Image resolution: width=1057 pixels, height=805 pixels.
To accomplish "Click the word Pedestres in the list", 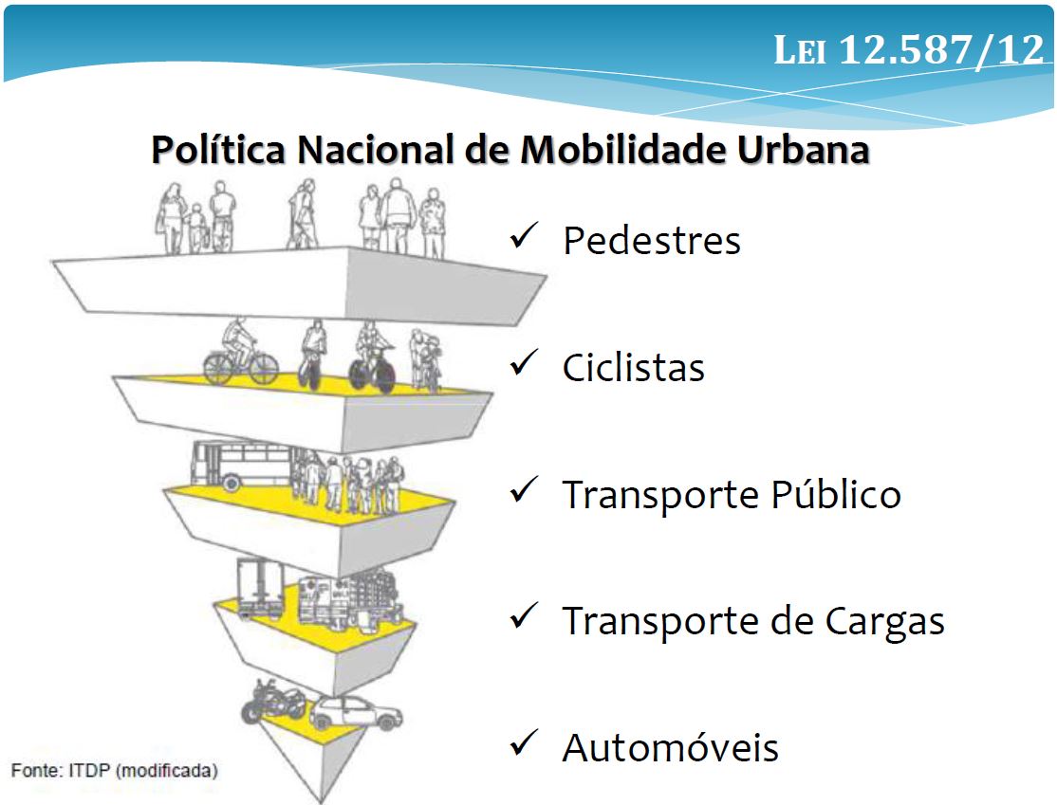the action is click(x=652, y=241).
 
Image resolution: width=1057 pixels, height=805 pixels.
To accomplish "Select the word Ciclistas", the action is click(x=634, y=367).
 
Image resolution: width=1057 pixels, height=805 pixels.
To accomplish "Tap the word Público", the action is click(x=836, y=494).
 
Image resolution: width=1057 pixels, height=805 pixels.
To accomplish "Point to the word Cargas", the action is click(x=885, y=621).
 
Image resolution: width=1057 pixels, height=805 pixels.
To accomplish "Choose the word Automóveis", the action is click(x=671, y=747).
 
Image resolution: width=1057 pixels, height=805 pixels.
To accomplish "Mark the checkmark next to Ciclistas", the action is click(x=524, y=362).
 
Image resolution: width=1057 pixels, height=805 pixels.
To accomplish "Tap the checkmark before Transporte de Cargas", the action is click(x=524, y=615).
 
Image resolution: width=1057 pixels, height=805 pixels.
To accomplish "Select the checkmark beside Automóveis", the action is click(x=524, y=742).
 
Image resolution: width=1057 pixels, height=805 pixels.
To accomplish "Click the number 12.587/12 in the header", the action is click(x=942, y=50).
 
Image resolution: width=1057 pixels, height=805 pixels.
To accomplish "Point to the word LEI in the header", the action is click(x=800, y=50).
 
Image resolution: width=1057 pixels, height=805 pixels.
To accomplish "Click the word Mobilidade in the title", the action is click(x=622, y=150).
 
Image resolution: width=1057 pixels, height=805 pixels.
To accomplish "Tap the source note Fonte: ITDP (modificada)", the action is click(x=115, y=770).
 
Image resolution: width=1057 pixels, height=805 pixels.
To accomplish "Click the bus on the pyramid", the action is click(x=242, y=465).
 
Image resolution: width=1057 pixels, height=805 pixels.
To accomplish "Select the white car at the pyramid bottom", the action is click(x=356, y=713).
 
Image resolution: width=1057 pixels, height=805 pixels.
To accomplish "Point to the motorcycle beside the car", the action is click(x=273, y=702).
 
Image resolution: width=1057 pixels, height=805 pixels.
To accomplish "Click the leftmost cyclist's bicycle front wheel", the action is click(x=263, y=369).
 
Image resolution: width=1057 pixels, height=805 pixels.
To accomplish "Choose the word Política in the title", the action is click(x=218, y=150).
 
